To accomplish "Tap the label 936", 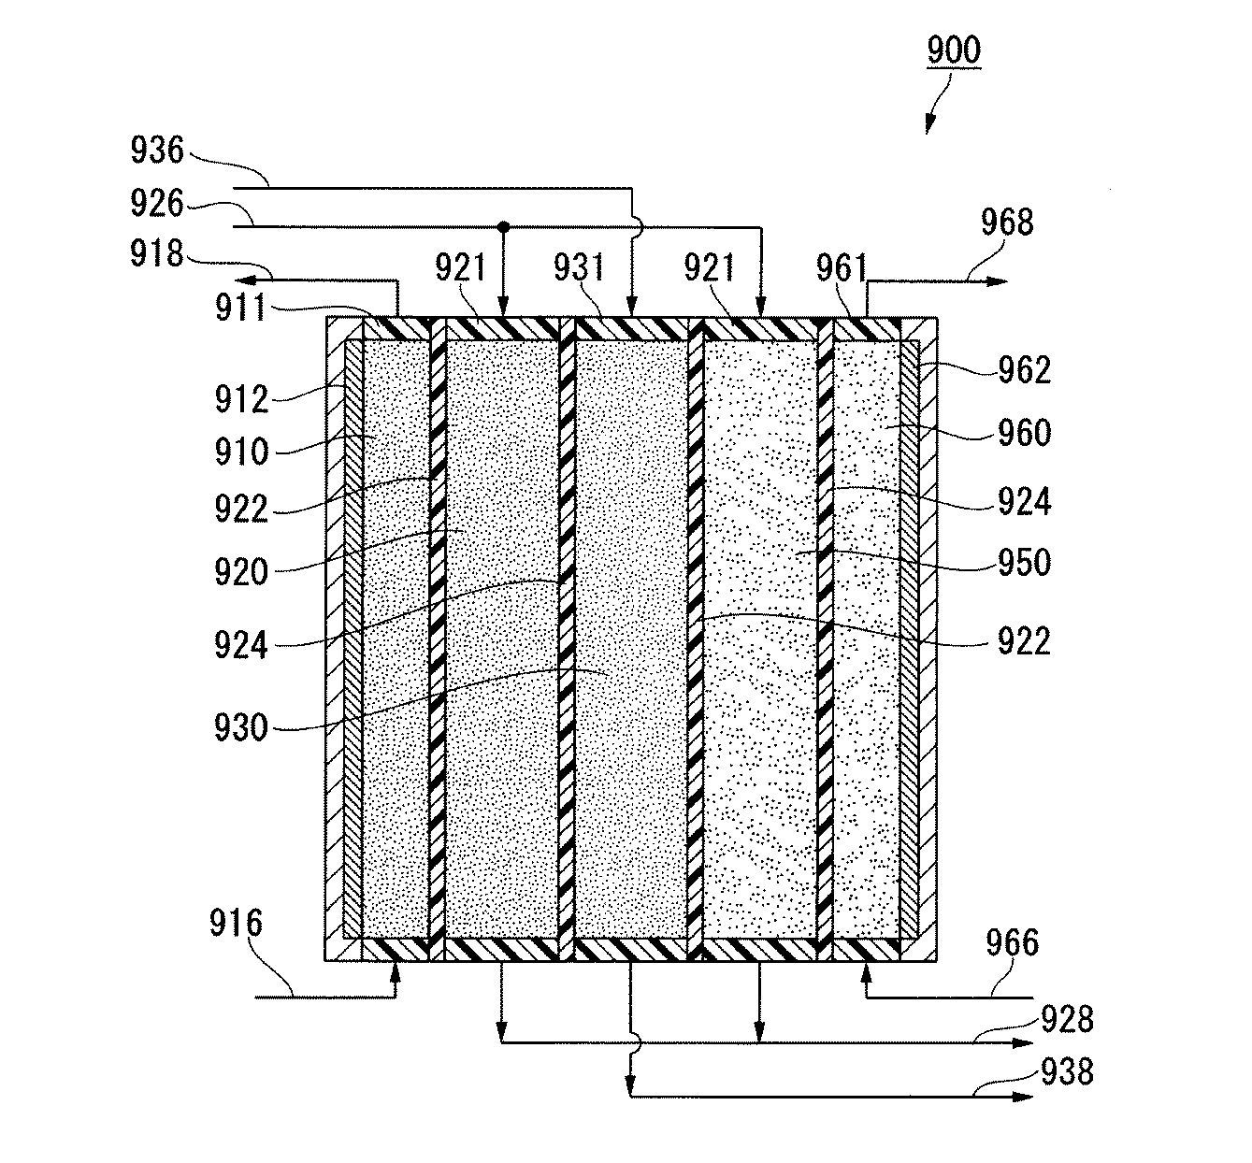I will tap(158, 151).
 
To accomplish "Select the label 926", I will tap(158, 203).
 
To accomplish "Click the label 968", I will tap(1007, 223).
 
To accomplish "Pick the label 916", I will tap(236, 926).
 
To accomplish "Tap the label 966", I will tap(1013, 942).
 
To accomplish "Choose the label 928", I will tap(1067, 1019).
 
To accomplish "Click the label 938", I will tap(1067, 1071).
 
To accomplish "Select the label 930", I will tap(241, 726).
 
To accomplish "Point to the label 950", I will tap(1023, 563).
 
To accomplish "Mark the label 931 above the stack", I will tap(580, 269).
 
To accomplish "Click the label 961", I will tap(842, 269).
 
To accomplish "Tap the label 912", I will tap(241, 399).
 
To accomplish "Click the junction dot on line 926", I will tap(503, 226).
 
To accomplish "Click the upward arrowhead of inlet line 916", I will tap(395, 971).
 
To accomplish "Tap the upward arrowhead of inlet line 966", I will tap(866, 971).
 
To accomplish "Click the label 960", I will tap(1024, 433).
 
